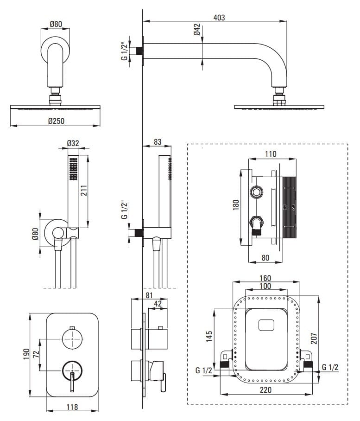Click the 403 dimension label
(x=219, y=18)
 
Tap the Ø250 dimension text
(x=56, y=121)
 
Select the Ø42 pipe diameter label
(x=197, y=31)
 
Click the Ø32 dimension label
(x=73, y=143)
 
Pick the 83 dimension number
(x=158, y=142)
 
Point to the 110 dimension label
(x=271, y=154)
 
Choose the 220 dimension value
(x=265, y=390)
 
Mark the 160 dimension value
(x=265, y=278)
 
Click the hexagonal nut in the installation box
(x=256, y=192)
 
